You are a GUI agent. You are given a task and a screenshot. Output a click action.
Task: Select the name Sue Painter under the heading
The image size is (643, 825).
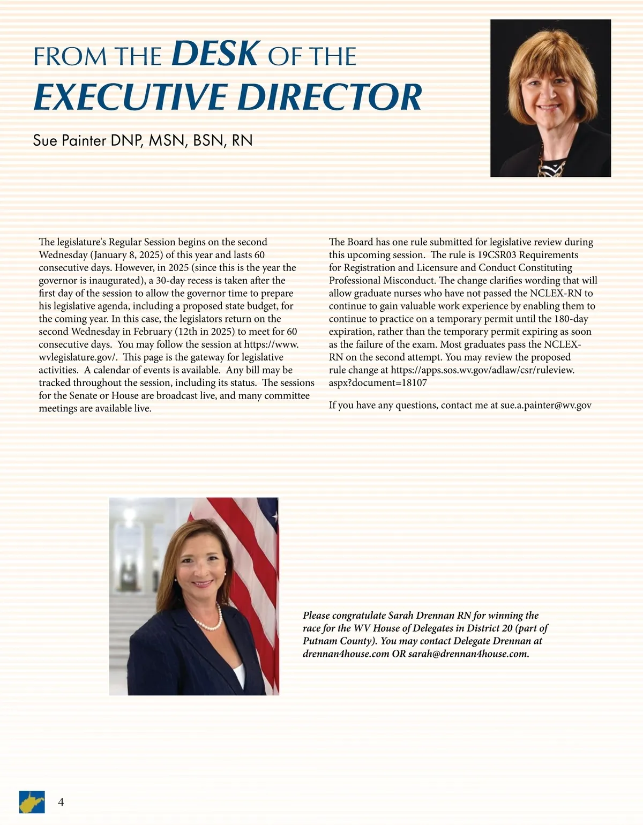coord(70,140)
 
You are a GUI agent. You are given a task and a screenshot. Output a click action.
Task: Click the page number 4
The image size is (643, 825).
coord(61,802)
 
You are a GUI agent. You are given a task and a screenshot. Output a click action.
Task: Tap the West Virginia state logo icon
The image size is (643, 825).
coord(32,802)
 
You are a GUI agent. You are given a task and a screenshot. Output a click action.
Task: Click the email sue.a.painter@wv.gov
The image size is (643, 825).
coord(545,405)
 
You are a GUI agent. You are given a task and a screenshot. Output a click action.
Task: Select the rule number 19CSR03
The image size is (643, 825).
coord(498,254)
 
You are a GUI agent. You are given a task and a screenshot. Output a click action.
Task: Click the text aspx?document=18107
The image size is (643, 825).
coord(378,383)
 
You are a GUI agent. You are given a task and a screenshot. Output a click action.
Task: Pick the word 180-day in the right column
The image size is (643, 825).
coord(571,319)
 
